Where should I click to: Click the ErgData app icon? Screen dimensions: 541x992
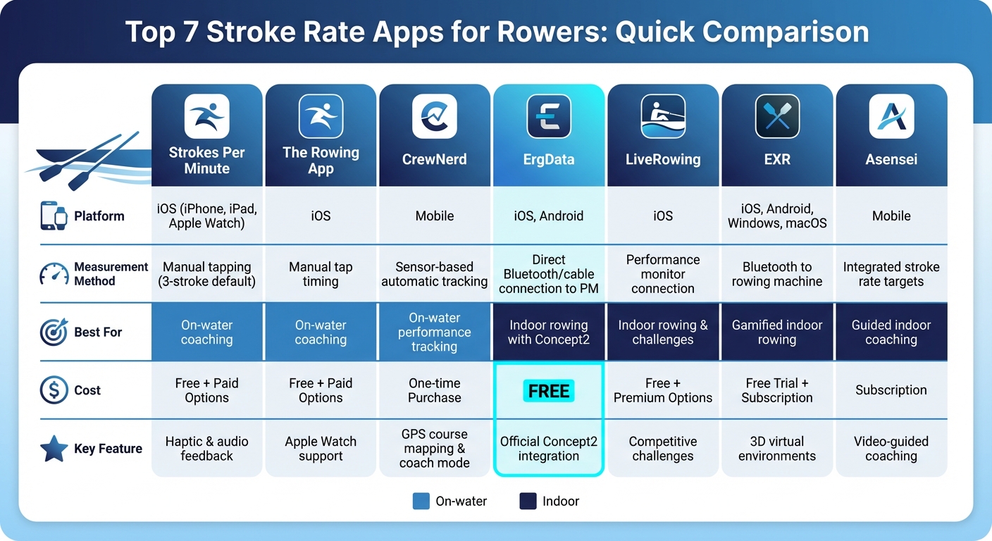pyautogui.click(x=549, y=116)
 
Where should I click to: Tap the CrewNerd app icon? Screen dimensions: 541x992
pyautogui.click(x=435, y=116)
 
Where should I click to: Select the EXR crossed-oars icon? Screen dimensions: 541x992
pyautogui.click(x=777, y=116)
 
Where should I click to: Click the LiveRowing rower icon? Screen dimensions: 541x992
pyautogui.click(x=663, y=116)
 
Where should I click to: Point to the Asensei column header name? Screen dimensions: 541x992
pyautogui.click(x=891, y=160)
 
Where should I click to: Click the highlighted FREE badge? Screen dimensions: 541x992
pyautogui.click(x=549, y=391)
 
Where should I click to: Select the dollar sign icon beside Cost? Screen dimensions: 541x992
pyautogui.click(x=54, y=390)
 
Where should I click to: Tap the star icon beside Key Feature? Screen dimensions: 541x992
pyautogui.click(x=54, y=449)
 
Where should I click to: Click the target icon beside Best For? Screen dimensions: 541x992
pyautogui.click(x=54, y=332)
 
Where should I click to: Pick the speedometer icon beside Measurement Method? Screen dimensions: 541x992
pyautogui.click(x=54, y=274)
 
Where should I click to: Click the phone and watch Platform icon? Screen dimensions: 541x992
pyautogui.click(x=54, y=216)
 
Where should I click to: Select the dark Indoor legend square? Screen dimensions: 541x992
pyautogui.click(x=528, y=502)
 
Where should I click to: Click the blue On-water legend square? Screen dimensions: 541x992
pyautogui.click(x=421, y=502)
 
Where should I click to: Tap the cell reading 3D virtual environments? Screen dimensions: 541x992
pyautogui.click(x=777, y=449)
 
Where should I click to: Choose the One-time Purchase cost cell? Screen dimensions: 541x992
pyautogui.click(x=435, y=390)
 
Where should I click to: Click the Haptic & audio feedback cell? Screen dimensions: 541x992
pyautogui.click(x=206, y=449)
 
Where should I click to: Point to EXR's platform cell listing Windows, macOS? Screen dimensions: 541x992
pyautogui.click(x=777, y=216)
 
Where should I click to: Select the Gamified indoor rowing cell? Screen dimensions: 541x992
pyautogui.click(x=777, y=332)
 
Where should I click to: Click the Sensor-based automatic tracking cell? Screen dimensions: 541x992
pyautogui.click(x=435, y=274)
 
